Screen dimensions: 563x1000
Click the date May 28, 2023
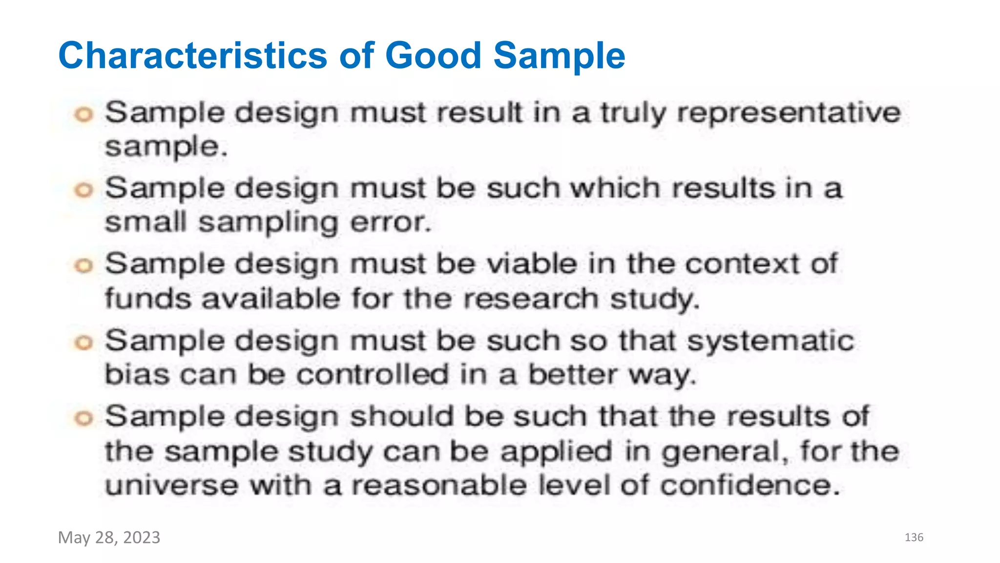109,537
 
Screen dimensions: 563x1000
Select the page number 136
914,538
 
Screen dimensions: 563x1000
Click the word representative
789,113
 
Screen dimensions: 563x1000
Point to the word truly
633,113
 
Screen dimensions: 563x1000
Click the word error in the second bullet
391,222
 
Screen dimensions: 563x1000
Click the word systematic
771,341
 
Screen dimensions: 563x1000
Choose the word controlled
373,375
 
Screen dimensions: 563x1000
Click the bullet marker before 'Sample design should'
83,418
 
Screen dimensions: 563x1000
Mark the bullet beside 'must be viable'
83,266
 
